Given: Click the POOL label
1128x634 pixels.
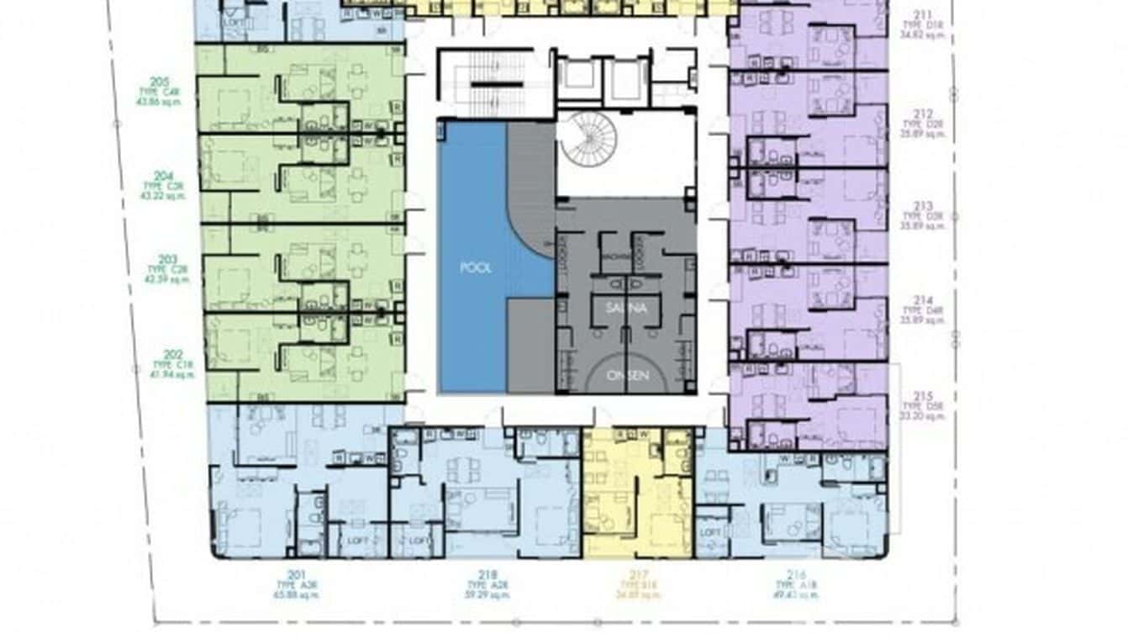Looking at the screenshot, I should (476, 268).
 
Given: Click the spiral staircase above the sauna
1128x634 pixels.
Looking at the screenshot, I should (588, 139).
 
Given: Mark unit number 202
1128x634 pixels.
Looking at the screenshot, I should (173, 355).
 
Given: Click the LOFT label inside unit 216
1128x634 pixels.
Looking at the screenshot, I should (711, 532).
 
